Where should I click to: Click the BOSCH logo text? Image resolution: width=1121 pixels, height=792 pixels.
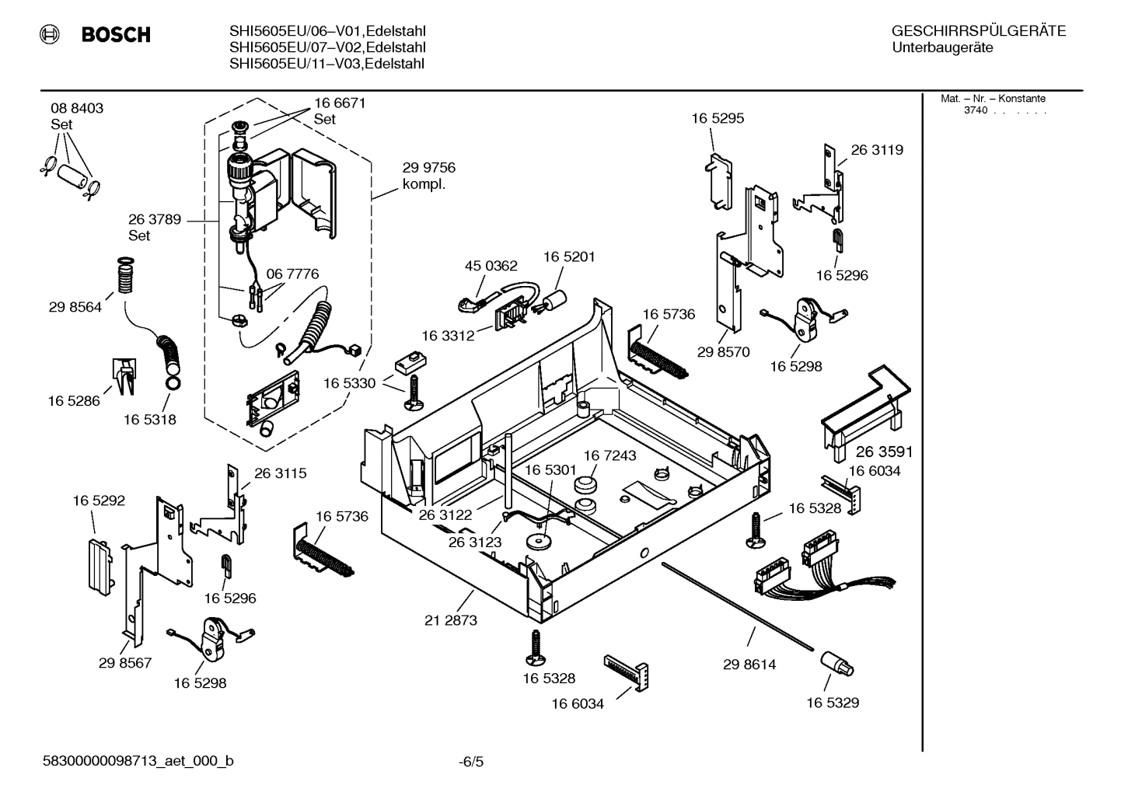115,35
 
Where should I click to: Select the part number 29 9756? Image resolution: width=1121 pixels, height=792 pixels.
428,168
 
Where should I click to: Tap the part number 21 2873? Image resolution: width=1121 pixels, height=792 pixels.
451,620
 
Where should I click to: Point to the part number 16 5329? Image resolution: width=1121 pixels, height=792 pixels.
832,703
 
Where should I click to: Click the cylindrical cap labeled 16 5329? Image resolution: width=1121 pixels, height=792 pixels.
835,663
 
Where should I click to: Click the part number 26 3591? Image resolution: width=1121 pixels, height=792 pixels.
884,452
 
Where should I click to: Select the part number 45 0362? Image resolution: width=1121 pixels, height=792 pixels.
491,266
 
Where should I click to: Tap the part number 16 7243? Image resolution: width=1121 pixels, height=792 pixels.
609,455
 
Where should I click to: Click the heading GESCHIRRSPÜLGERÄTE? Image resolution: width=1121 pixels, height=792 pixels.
978,31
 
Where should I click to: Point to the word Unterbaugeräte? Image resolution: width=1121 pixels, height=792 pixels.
942,47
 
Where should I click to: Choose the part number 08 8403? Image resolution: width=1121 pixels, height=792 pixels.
77,108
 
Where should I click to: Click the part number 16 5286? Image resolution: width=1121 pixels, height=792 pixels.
74,401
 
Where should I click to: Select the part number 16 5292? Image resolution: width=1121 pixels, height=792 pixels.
99,501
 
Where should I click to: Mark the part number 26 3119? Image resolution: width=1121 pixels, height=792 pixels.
877,150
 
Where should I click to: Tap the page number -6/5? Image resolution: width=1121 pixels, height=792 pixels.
470,762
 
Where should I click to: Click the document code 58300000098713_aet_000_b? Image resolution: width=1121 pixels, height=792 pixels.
138,761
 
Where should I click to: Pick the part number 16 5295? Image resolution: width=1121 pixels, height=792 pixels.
718,118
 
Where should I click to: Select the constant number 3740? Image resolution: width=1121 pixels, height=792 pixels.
975,110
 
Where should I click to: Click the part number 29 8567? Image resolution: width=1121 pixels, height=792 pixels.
124,663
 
